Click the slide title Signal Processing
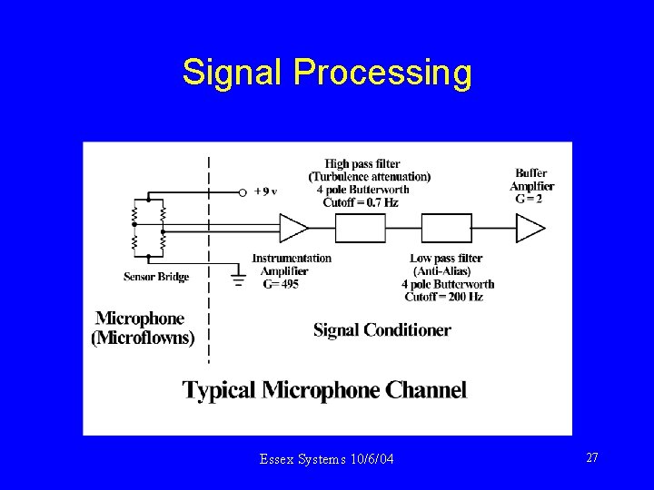coord(326,73)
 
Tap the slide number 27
coord(592,458)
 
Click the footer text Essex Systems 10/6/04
coord(326,460)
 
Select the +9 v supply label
coord(265,191)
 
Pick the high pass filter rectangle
coord(368,229)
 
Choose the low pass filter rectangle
coord(446,229)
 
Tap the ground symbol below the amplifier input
coord(239,279)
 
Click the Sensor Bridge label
coord(156,277)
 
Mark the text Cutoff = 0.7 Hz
coord(361,202)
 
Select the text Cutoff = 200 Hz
coord(444,297)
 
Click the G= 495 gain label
coord(281,284)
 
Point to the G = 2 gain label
coord(529,199)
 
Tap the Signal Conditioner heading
coord(381,330)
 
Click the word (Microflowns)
coord(143,338)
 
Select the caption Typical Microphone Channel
coord(324,390)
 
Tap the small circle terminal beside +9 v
coord(243,192)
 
